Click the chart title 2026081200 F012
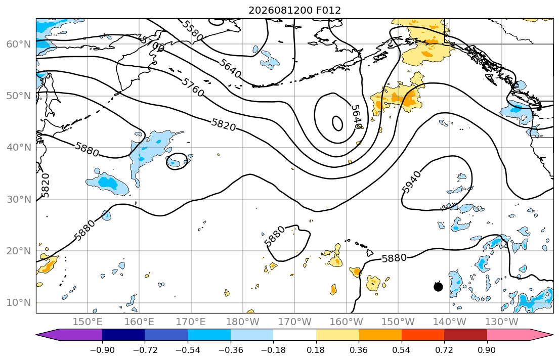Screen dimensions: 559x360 click(x=294, y=10)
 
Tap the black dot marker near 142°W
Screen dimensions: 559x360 click(x=438, y=287)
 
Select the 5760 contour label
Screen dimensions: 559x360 click(x=193, y=87)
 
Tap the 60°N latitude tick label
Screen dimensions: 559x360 click(x=19, y=44)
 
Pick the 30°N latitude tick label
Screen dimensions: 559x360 click(x=19, y=199)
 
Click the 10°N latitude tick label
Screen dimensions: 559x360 click(x=19, y=303)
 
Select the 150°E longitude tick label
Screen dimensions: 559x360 click(x=88, y=322)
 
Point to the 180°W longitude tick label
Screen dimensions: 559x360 click(x=243, y=322)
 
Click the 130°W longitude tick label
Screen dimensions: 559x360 click(x=502, y=322)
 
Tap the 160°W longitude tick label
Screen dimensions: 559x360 click(x=346, y=322)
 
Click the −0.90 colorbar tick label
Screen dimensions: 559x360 click(x=102, y=350)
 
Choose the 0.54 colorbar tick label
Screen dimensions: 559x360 click(x=402, y=350)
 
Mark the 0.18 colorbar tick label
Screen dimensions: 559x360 click(x=316, y=350)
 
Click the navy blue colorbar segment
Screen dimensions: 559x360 click(x=123, y=335)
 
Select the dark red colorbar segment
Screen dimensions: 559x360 click(x=465, y=335)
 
